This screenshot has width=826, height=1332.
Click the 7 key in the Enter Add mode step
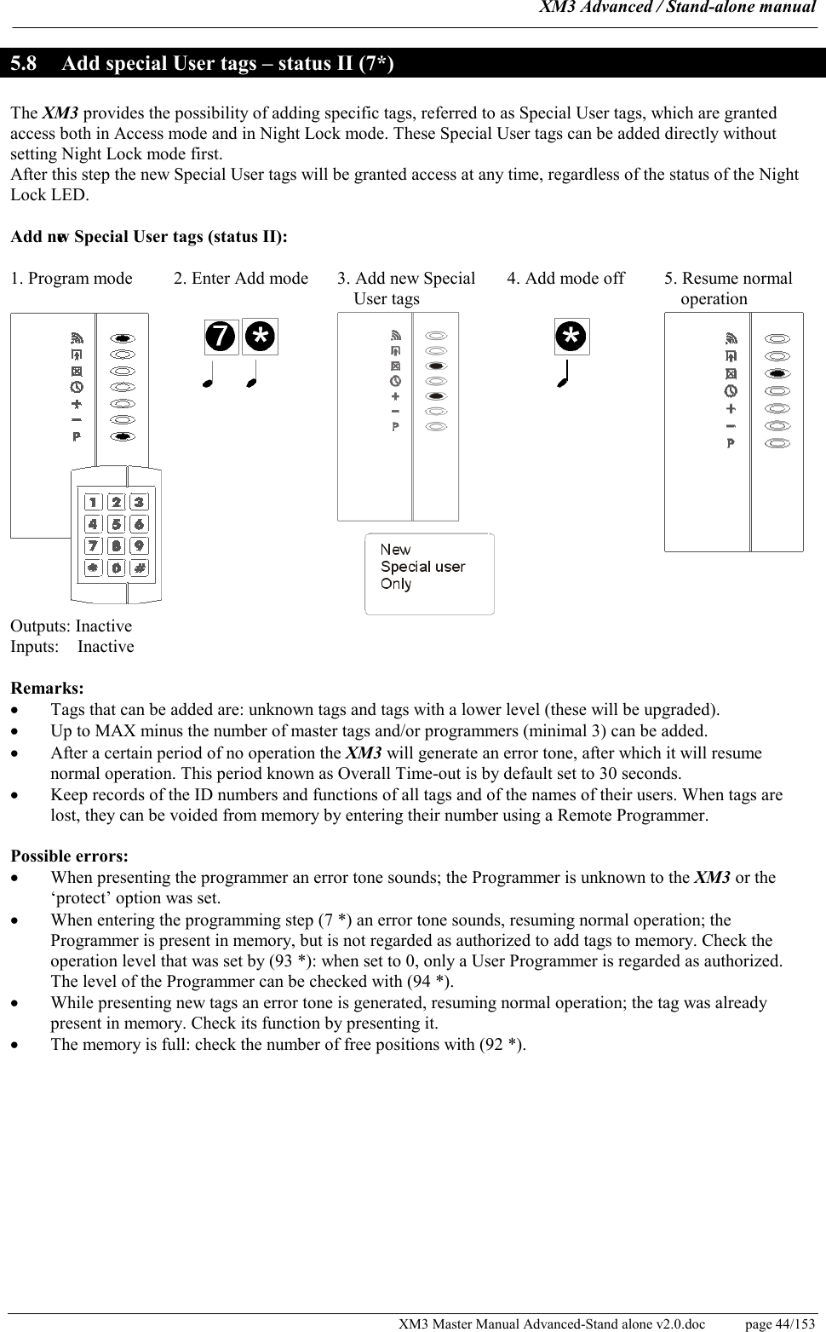221,337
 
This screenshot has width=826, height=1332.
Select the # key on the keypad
139,567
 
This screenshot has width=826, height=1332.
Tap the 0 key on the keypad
117,567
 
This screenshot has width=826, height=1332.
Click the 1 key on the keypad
94,502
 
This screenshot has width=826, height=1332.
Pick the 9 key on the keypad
139,545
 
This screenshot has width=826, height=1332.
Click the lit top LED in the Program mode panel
123,337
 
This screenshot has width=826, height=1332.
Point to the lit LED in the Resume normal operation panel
777,374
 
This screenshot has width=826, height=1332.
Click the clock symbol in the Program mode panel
77,387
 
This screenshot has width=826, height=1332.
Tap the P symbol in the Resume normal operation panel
730,443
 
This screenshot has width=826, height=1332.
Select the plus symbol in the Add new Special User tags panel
395,396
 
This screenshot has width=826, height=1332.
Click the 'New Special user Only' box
429,574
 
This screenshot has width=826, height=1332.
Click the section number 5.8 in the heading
25,64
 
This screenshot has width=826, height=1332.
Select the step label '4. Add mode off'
565,279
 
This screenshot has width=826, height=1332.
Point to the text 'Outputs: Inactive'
71,626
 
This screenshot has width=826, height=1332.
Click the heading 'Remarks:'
47,688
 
